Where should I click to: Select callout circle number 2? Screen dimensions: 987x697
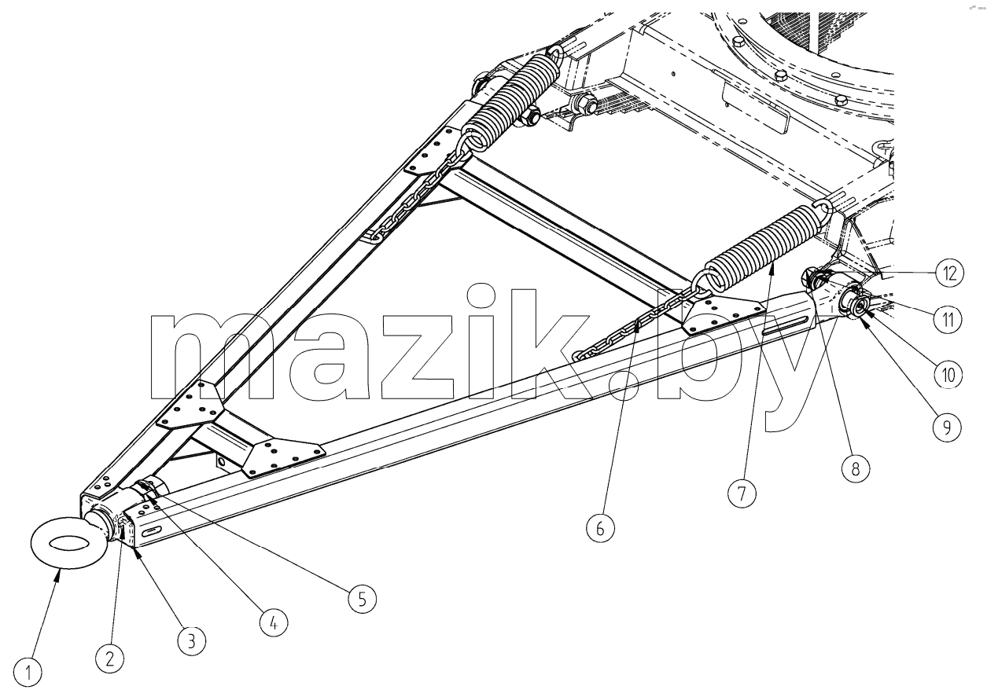coord(110,658)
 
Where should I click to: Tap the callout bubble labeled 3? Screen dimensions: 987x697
coord(192,641)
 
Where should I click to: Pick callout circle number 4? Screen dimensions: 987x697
coord(274,622)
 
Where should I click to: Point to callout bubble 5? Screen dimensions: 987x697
coord(363,599)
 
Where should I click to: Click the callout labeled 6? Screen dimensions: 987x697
coord(601,528)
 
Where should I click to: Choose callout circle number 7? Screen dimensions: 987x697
coord(742,493)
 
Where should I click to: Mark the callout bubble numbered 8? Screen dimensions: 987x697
coord(856,468)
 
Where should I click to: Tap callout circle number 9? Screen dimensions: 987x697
coord(948,427)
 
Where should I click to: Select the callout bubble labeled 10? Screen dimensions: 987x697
coord(948,375)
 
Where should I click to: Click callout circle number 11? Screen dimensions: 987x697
coord(948,320)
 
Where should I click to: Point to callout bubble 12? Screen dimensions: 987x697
coord(949,273)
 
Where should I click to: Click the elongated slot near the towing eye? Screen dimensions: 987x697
coord(153,531)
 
